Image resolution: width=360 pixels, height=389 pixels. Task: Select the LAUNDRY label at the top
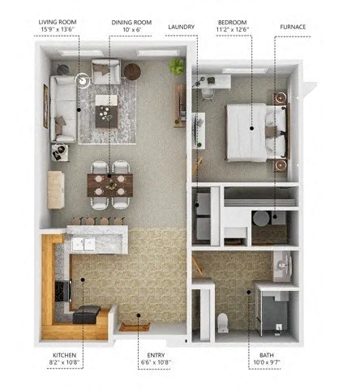coord(182,27)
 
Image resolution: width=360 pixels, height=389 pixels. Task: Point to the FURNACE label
coord(293,27)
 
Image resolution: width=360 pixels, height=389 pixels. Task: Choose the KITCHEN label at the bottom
coord(66,355)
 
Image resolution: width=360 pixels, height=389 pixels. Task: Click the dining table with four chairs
coord(109,186)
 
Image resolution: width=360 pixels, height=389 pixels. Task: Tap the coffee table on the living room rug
coord(106,114)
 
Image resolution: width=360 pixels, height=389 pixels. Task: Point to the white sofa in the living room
coord(62,108)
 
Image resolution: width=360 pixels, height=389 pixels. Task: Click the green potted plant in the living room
coord(176,65)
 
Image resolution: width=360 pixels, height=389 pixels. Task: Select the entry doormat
coord(135,326)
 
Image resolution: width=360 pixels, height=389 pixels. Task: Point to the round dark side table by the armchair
coord(132,71)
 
